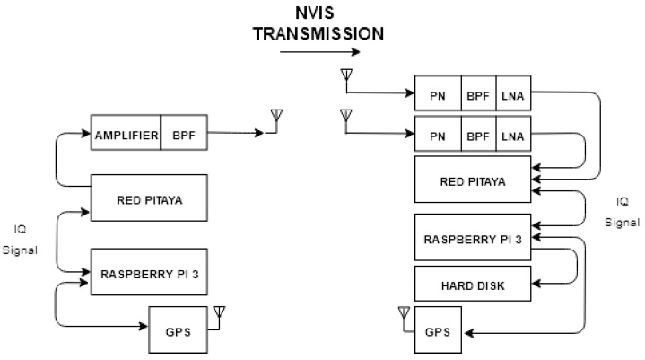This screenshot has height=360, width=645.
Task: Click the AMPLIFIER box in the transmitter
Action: click(126, 135)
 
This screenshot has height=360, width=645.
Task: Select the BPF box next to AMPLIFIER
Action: click(184, 135)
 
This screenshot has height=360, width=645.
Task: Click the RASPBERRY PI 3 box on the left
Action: click(149, 271)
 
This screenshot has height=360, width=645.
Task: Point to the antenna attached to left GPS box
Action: click(220, 313)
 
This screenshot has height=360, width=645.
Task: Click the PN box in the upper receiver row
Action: click(438, 92)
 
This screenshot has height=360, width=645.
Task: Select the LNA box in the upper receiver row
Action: click(513, 92)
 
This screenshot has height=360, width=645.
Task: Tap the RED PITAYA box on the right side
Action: click(473, 180)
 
